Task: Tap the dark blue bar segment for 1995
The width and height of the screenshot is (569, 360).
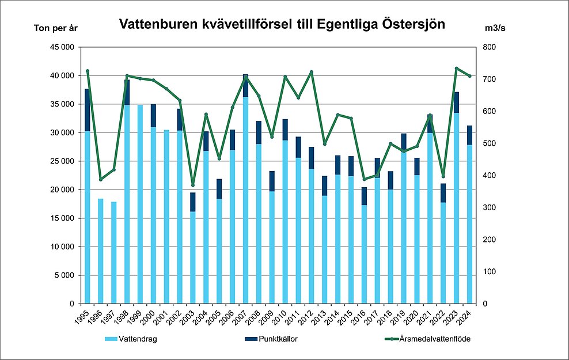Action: click(88, 110)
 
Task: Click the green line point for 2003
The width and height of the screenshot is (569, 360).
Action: click(193, 185)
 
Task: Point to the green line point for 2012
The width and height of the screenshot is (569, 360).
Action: click(312, 72)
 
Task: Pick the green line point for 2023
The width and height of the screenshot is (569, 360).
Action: click(456, 68)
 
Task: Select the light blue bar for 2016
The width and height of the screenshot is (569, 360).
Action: click(364, 254)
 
